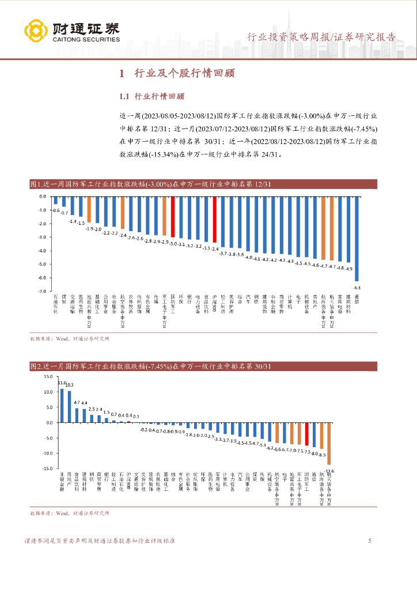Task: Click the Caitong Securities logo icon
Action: pos(36,32)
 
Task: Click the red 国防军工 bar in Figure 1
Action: pos(172,217)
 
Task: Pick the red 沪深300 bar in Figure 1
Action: pos(214,220)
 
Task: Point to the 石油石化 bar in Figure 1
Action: pos(55,201)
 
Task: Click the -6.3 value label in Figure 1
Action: pos(357,287)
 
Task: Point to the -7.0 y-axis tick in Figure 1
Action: pos(41,292)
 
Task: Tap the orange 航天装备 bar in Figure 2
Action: pos(329,443)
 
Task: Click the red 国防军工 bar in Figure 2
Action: pos(307,434)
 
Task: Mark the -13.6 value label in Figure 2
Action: pos(329,471)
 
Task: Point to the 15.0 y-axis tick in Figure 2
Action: pos(47,376)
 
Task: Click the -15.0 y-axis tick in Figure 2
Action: pos(46,469)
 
